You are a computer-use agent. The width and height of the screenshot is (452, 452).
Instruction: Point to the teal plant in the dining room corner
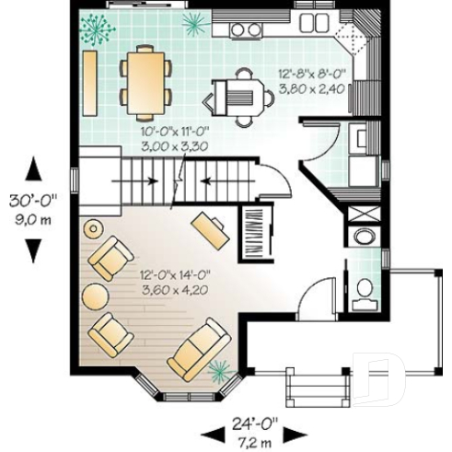97,29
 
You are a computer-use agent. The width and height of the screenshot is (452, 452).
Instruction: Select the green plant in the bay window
219,371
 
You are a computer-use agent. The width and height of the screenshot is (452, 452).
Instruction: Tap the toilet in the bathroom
365,287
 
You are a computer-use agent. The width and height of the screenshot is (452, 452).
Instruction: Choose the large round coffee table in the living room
98,296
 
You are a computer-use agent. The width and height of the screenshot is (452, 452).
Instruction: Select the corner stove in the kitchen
352,38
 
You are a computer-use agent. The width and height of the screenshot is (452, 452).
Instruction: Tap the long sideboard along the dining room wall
92,82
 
